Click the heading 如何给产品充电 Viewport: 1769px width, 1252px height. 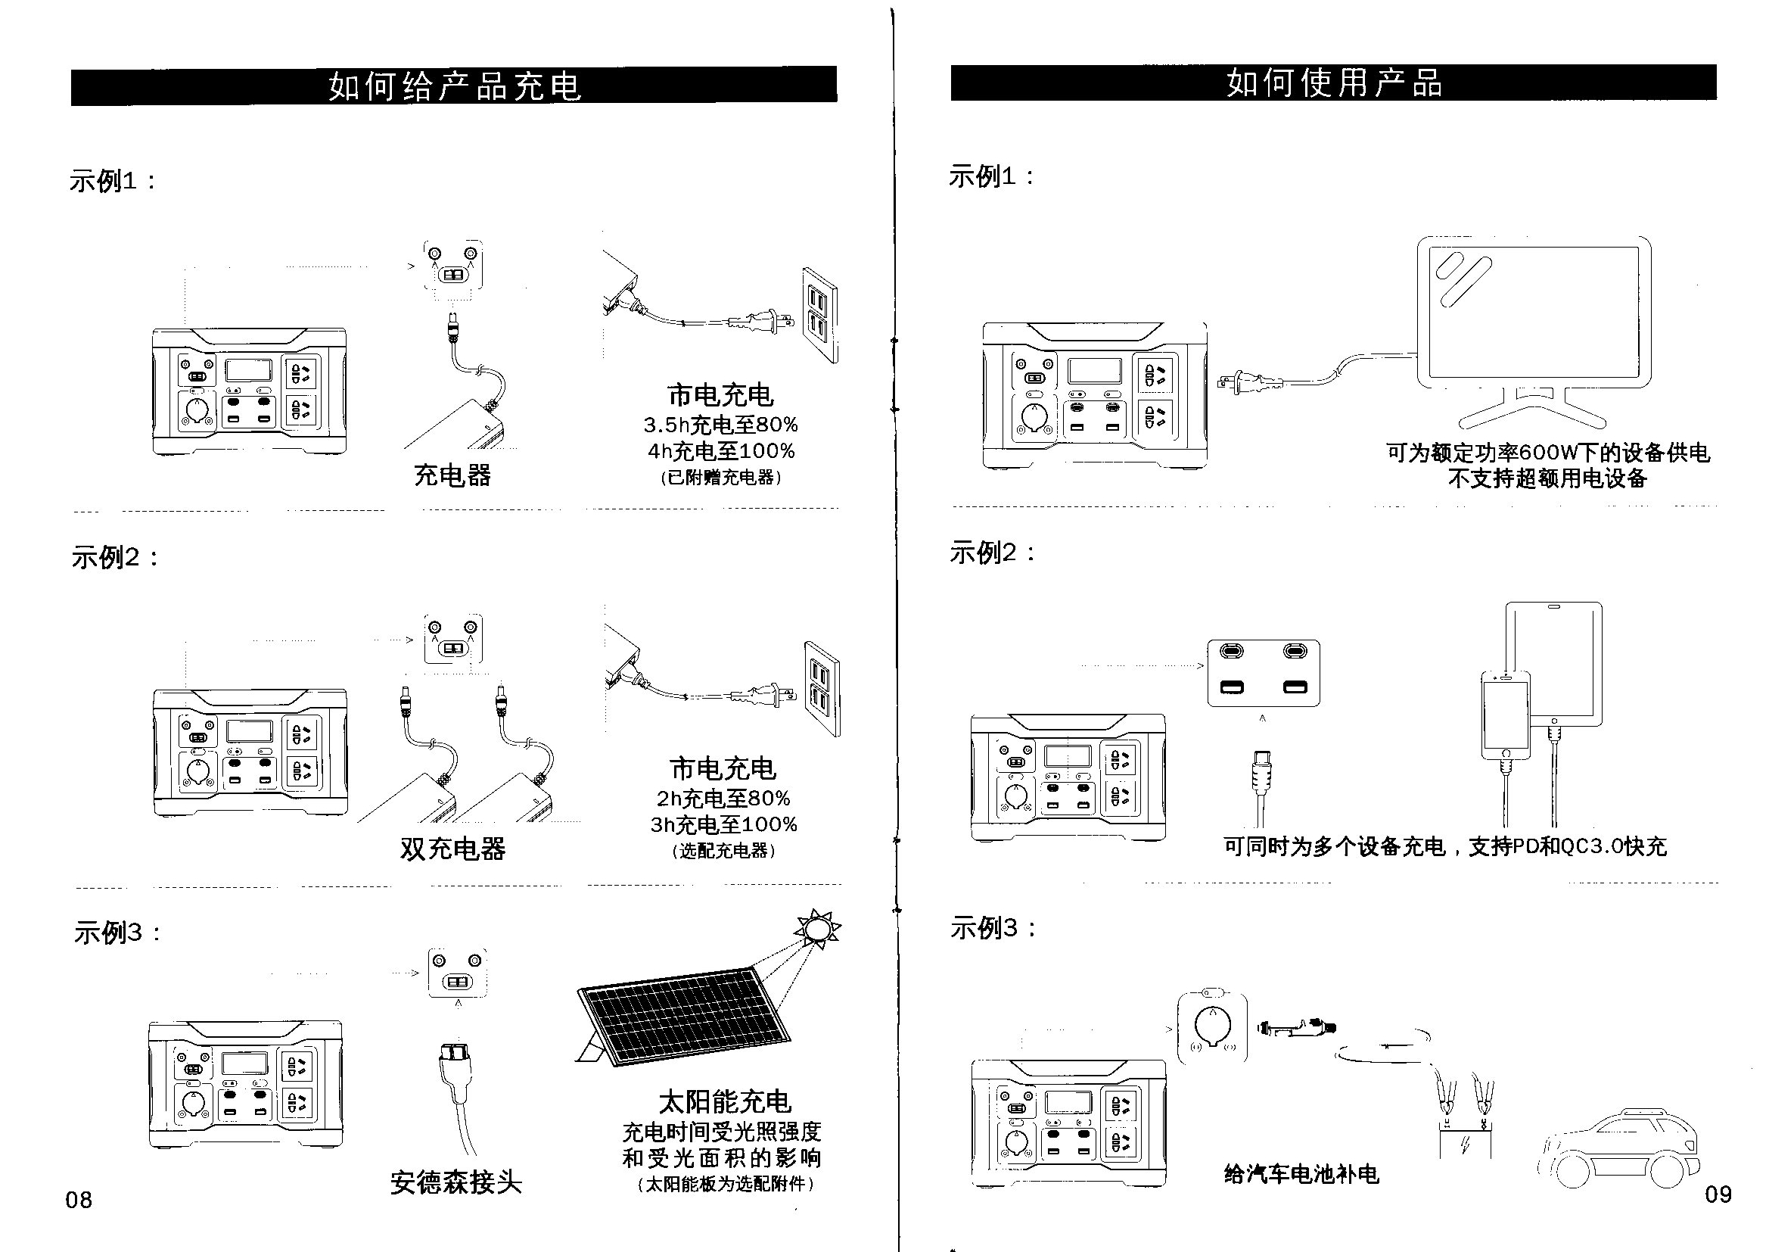[455, 85]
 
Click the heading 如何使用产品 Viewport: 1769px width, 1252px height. [1334, 83]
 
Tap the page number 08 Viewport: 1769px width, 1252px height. [79, 1200]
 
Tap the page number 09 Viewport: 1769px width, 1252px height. [1718, 1194]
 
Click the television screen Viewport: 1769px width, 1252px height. [1533, 311]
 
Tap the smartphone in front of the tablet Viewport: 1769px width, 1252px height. [1505, 715]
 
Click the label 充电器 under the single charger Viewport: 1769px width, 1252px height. [452, 475]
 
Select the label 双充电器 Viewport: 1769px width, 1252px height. [452, 849]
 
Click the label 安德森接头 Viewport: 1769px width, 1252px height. [455, 1182]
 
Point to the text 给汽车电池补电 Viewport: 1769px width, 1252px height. [1301, 1174]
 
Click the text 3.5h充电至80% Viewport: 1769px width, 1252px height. [720, 425]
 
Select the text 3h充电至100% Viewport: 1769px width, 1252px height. [723, 824]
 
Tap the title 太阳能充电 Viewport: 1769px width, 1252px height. [724, 1101]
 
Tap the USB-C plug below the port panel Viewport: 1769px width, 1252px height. [1262, 771]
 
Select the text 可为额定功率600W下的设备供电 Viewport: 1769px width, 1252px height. [1548, 453]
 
